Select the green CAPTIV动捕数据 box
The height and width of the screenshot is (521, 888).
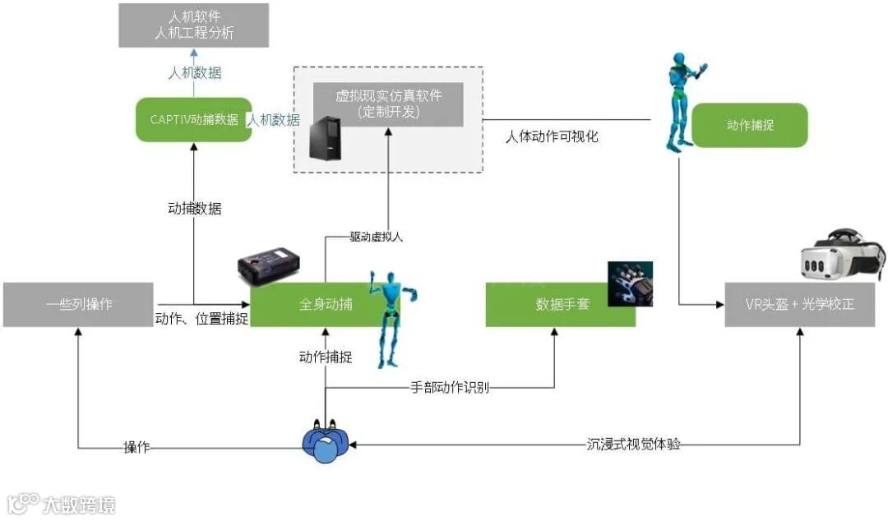[194, 119]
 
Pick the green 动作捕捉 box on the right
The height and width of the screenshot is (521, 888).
[750, 125]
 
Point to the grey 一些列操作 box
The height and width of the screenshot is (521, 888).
[78, 304]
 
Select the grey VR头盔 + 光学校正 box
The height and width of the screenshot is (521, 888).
[799, 304]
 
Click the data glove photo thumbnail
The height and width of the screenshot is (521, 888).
[630, 284]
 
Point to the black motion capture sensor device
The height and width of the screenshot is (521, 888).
[268, 268]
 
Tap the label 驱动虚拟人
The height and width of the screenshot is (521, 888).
[377, 237]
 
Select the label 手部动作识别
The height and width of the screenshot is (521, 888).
[450, 387]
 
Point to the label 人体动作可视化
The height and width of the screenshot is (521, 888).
[552, 136]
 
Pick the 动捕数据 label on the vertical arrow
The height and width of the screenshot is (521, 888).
[194, 208]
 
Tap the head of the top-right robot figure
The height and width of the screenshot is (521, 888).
[678, 61]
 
